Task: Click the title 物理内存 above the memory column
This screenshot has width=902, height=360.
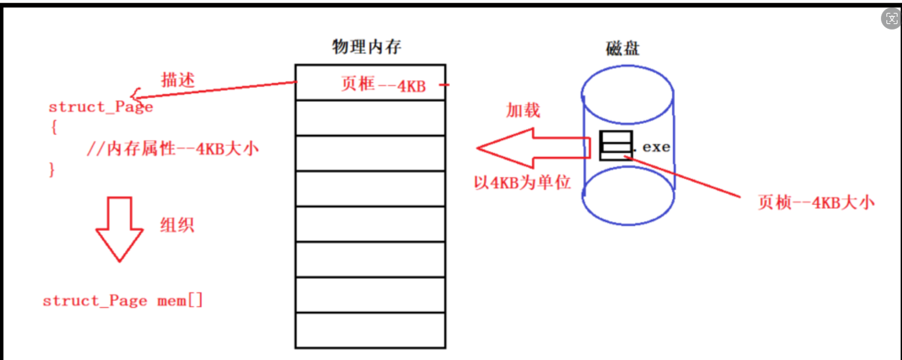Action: (366, 47)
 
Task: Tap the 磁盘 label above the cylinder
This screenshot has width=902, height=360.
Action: (622, 49)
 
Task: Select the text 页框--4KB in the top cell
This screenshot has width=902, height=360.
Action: (383, 84)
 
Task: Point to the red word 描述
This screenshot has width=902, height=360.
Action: (178, 80)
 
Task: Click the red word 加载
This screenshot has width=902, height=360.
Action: (523, 110)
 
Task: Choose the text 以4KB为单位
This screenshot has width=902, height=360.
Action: (522, 183)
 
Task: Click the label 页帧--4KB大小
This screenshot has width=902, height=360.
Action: (816, 202)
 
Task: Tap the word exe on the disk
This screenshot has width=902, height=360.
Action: (656, 147)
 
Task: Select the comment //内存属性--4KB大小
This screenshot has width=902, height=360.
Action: (173, 149)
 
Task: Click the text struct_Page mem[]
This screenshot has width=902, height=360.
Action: (122, 301)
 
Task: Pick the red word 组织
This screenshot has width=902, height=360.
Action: (177, 225)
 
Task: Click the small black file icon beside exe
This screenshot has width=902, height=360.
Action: (615, 145)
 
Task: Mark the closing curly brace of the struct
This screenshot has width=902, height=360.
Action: (52, 170)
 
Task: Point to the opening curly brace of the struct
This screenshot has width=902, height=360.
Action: (54, 127)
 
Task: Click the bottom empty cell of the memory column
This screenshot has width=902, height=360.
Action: (370, 330)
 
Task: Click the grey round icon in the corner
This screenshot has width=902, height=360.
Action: (891, 18)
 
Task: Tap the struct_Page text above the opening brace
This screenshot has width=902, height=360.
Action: (101, 107)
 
